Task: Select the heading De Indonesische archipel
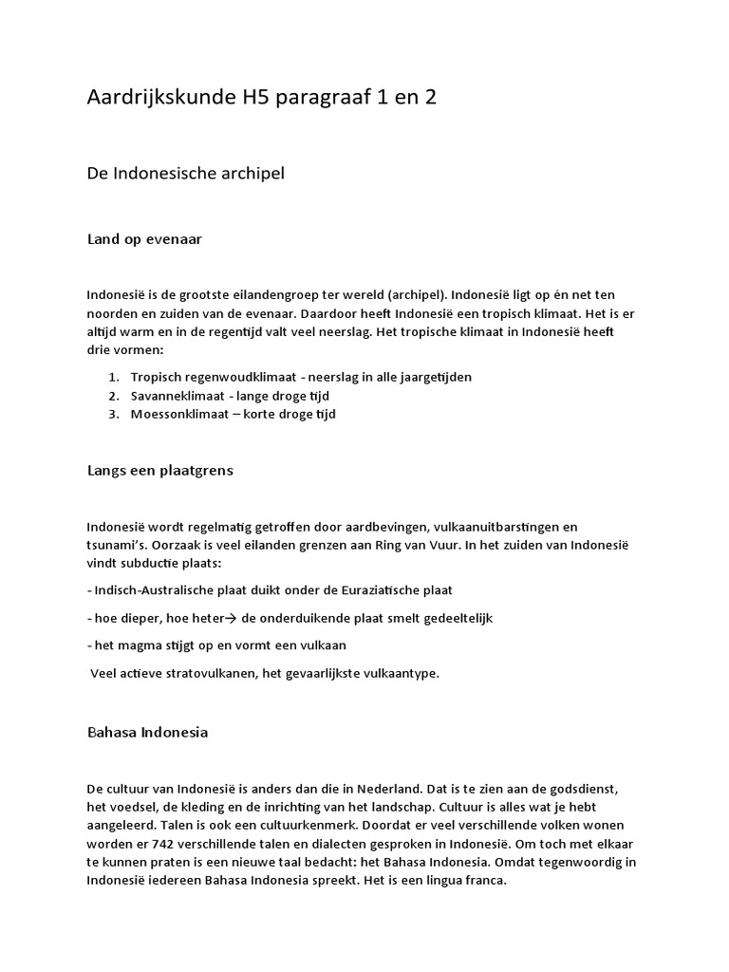pyautogui.click(x=186, y=175)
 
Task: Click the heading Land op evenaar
pyautogui.click(x=144, y=240)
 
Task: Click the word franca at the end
pyautogui.click(x=486, y=880)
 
